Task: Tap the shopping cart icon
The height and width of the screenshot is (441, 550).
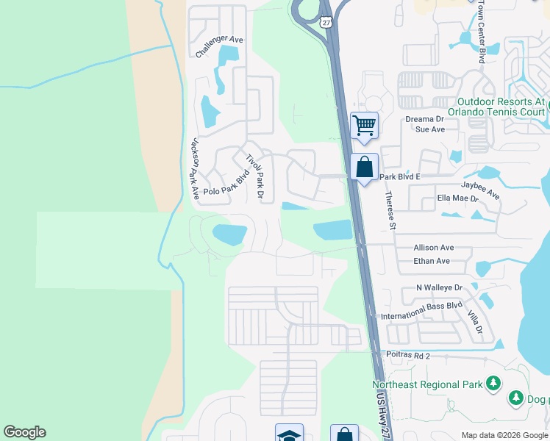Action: point(364,125)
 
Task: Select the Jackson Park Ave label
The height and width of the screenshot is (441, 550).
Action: point(195,168)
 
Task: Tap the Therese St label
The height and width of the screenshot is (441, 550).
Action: point(390,210)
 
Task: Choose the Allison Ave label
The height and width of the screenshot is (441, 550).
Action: point(434,248)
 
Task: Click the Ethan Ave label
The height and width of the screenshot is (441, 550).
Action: point(432,261)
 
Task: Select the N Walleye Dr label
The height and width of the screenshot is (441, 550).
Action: point(438,287)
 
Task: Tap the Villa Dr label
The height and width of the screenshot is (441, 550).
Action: point(474,321)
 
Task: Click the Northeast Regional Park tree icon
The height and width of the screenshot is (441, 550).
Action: point(493,383)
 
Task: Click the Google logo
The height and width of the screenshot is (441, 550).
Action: point(25,432)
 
